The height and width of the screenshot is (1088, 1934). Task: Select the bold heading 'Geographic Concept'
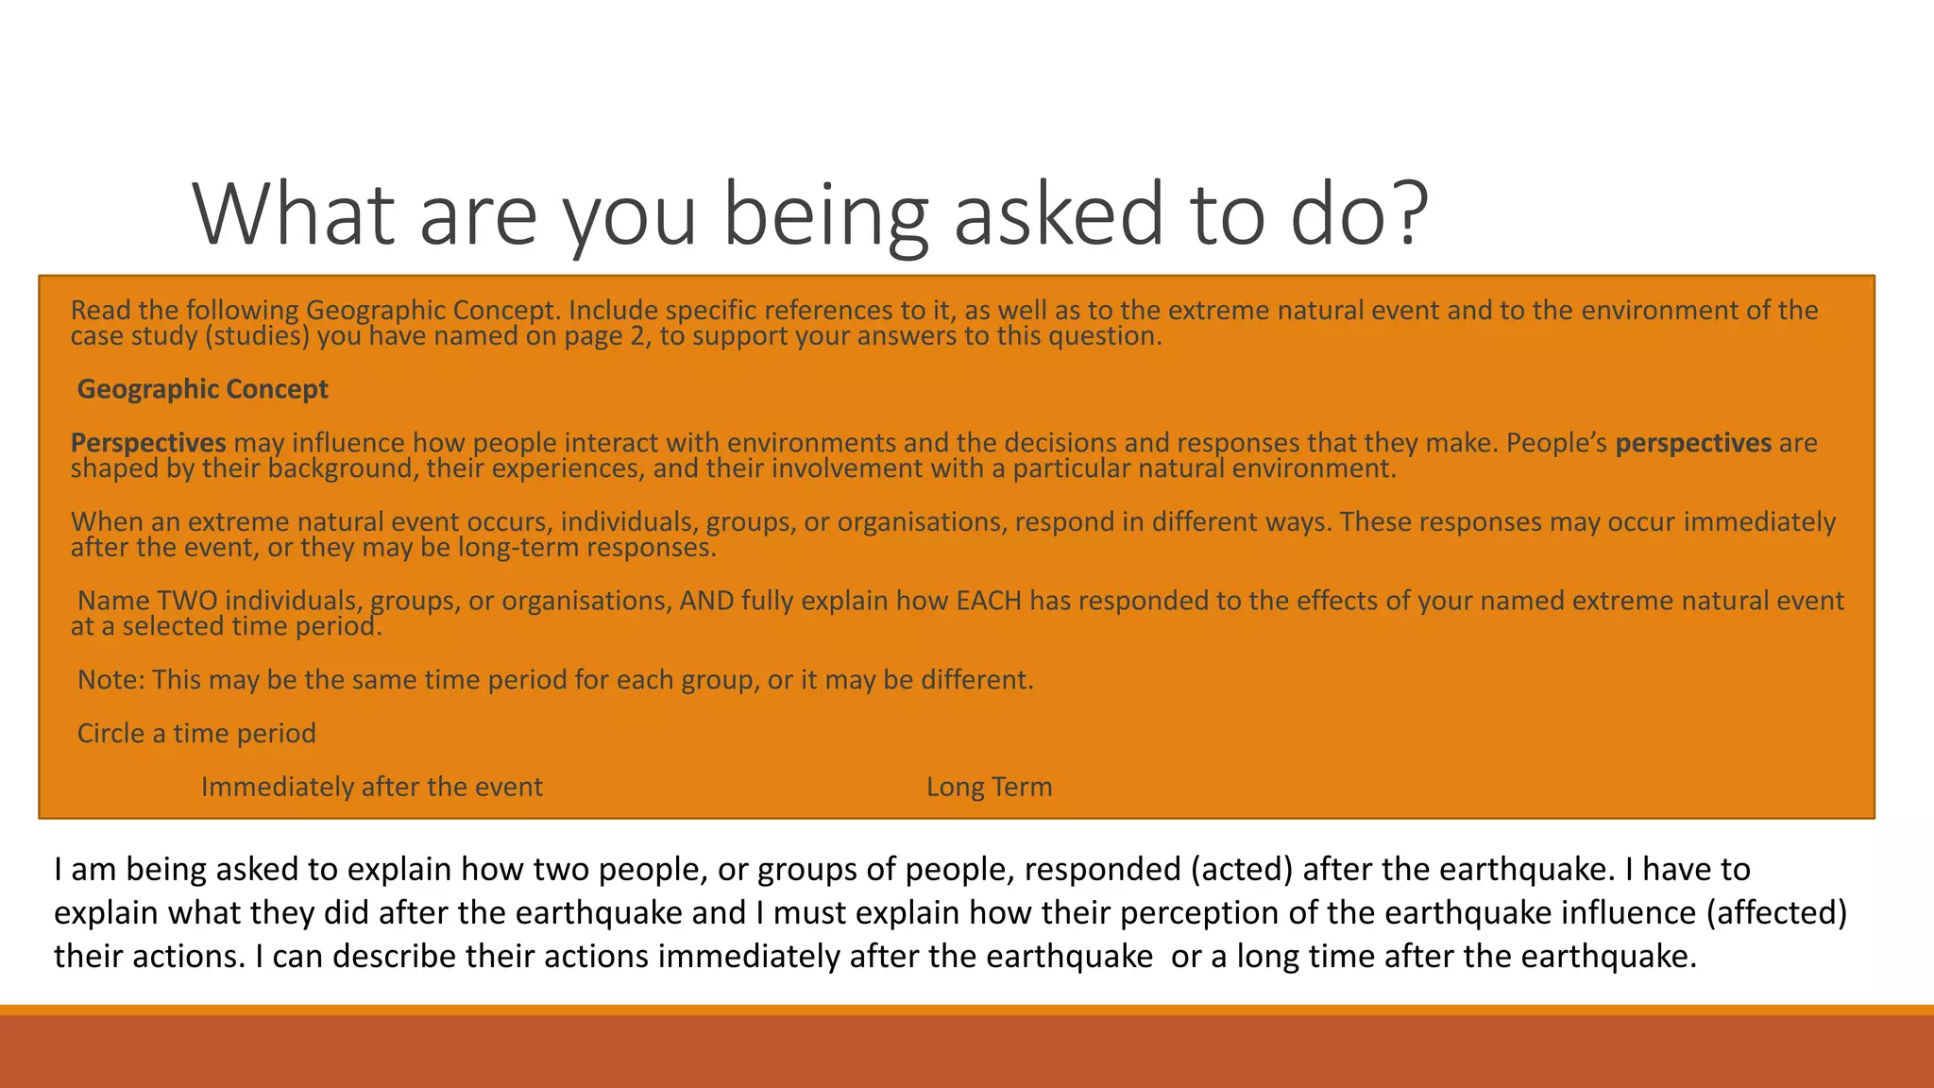pos(202,389)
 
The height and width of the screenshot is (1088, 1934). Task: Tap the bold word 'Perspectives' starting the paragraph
pos(148,443)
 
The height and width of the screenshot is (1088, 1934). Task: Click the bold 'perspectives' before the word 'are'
pos(1693,443)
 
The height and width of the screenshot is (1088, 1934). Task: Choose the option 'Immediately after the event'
pos(371,787)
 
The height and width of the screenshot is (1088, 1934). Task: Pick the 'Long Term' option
pos(989,787)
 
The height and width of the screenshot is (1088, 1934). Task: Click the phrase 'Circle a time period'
pos(196,733)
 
